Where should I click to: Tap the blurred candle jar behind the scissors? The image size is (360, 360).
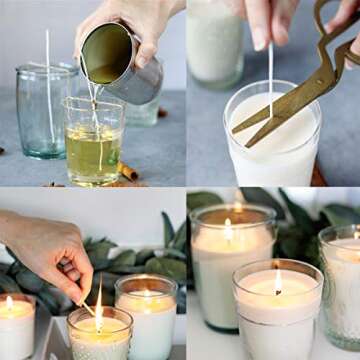tap(216, 45)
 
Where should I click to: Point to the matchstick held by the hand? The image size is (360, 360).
tap(88, 309)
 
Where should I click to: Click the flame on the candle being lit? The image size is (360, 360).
tap(99, 317)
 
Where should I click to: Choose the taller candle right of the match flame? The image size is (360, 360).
tap(146, 316)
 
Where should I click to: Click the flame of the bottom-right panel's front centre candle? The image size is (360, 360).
tap(277, 284)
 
